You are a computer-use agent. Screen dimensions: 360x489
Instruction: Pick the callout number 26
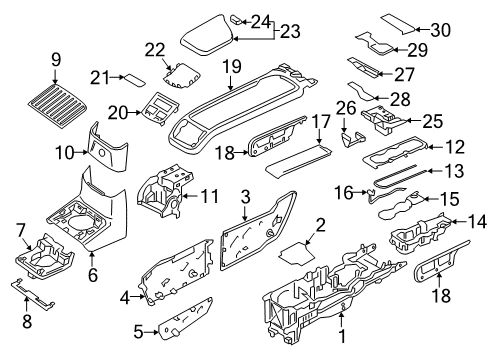click(347, 108)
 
